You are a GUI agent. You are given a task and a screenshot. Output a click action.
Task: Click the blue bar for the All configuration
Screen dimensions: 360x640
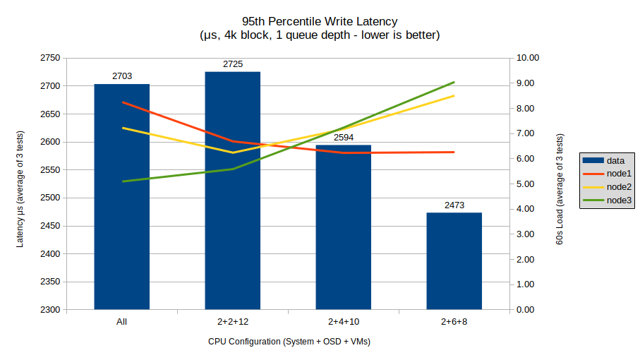coord(122,212)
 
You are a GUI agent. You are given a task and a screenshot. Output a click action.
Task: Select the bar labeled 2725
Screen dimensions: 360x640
coord(233,212)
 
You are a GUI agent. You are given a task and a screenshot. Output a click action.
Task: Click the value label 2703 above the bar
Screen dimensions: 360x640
coord(122,76)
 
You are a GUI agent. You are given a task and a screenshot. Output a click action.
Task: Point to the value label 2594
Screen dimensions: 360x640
coord(343,138)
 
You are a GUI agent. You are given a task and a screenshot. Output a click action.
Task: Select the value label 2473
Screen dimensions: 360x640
coord(454,205)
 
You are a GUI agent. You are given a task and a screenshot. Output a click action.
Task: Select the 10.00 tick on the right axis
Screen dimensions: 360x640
coord(529,58)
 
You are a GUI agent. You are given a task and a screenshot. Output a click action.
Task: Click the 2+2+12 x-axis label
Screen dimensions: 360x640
coord(233,322)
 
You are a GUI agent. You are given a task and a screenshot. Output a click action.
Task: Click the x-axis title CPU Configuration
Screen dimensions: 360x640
coord(289,342)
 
